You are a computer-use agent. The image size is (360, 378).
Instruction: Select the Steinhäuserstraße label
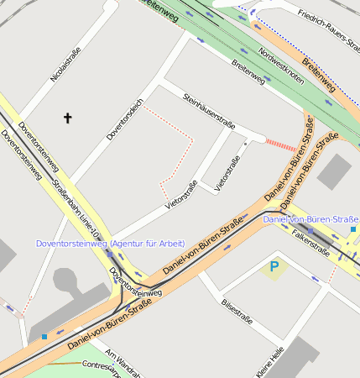tap(208, 113)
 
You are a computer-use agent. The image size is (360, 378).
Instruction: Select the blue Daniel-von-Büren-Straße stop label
tap(310, 219)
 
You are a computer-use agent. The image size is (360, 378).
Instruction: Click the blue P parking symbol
tap(274, 268)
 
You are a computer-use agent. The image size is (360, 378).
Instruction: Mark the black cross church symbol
tap(68, 118)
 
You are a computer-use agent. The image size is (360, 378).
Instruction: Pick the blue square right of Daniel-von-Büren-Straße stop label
tap(353, 228)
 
